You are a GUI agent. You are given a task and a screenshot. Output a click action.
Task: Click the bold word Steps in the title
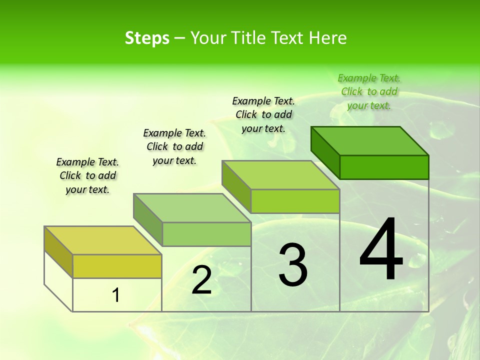[147, 38]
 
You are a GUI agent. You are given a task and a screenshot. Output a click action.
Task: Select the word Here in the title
[327, 38]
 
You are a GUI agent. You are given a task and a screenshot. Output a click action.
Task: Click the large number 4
[381, 250]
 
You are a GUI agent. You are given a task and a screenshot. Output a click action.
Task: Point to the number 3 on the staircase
[293, 265]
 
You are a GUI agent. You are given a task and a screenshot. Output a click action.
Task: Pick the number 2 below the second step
[201, 280]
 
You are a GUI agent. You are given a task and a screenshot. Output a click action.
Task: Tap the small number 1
[116, 295]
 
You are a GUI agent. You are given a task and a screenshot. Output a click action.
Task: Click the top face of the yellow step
[102, 240]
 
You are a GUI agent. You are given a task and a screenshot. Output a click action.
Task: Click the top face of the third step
[280, 175]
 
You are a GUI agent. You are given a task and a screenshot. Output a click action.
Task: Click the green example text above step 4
[369, 91]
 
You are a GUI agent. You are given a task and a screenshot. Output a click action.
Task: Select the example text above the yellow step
[87, 175]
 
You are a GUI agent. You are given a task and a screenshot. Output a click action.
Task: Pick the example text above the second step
[174, 146]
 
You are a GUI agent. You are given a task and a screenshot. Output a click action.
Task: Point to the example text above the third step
[263, 114]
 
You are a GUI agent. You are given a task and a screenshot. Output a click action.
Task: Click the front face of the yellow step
[117, 266]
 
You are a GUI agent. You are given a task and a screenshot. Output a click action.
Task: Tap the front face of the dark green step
[384, 167]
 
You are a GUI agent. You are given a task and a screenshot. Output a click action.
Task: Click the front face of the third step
[295, 201]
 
